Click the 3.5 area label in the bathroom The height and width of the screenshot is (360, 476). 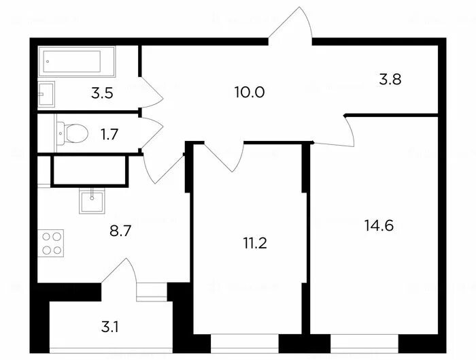[x=102, y=93]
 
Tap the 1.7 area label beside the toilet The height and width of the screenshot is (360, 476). [x=109, y=134]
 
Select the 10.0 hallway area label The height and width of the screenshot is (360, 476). [x=250, y=92]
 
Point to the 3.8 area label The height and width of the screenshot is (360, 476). [x=390, y=79]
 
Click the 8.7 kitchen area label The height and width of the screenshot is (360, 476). [x=120, y=231]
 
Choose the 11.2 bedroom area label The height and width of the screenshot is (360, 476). [x=255, y=244]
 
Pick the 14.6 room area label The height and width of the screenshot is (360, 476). [x=379, y=226]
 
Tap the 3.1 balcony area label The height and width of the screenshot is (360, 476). [x=110, y=327]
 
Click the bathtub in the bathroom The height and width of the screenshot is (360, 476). [x=76, y=61]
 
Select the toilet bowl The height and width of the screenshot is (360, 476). [x=73, y=133]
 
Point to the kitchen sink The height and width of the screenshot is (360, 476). [x=92, y=201]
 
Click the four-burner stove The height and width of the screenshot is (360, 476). [x=51, y=243]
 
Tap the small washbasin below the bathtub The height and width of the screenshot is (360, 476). [x=46, y=94]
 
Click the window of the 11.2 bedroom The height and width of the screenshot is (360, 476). [x=245, y=343]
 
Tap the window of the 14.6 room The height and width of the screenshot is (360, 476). [x=364, y=343]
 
